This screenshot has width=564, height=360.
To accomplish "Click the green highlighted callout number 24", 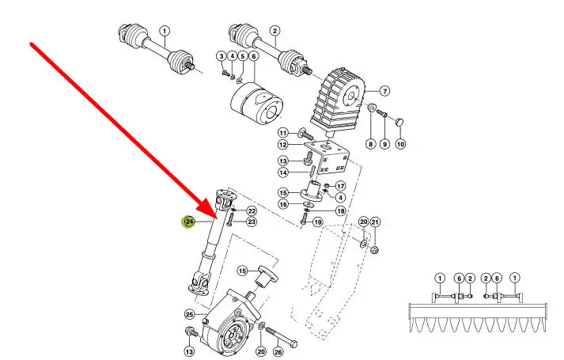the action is [x=189, y=222].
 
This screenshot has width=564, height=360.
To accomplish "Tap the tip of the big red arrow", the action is [x=216, y=218].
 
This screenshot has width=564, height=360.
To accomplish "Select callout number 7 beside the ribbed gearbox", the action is [x=384, y=91].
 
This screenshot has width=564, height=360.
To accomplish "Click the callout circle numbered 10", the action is [x=400, y=144].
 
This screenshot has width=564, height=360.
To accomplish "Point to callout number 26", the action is [x=278, y=352].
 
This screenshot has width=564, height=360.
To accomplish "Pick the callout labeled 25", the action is [x=190, y=314].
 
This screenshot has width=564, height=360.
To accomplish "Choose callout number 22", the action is [x=252, y=210].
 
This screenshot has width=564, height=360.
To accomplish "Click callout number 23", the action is [x=252, y=222].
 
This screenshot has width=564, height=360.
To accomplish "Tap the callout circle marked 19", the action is [x=318, y=222].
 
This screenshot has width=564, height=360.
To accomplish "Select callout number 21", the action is [x=375, y=222].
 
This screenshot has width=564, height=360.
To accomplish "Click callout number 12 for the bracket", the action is [x=283, y=145].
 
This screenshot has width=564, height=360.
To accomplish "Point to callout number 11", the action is [x=283, y=133].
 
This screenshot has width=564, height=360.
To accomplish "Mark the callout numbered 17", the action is [x=340, y=186].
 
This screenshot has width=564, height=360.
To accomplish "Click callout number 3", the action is [x=221, y=56].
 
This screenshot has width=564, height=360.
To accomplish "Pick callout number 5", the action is [x=243, y=56].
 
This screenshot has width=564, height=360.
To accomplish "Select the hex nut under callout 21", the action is [x=374, y=249].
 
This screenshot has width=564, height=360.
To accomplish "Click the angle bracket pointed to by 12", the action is [x=328, y=157].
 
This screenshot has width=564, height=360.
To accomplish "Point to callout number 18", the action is [x=340, y=210].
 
